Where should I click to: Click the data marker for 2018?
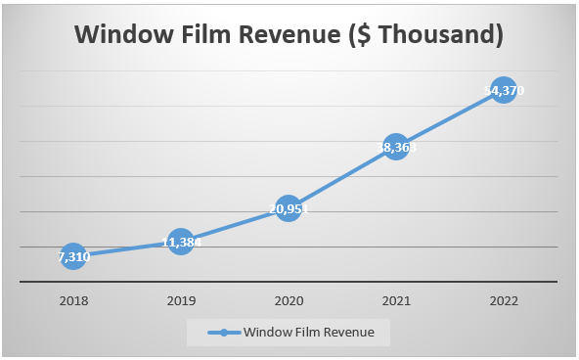pos(72,257)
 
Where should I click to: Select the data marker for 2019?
pos(180,241)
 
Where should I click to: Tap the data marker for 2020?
pos(288,207)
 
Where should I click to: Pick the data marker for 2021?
pos(395,148)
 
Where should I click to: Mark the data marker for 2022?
pos(503,91)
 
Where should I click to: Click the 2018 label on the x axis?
pos(72,299)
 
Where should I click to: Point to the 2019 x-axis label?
pos(180,299)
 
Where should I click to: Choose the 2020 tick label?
pos(288,299)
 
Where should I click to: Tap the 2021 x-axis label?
pos(395,299)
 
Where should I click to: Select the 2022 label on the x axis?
pos(503,299)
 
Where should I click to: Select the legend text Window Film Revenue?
pos(309,333)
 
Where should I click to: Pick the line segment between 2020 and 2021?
pos(341,178)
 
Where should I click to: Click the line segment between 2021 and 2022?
pos(449,119)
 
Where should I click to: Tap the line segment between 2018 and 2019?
pos(126,248)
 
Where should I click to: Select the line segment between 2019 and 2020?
pos(234,224)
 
